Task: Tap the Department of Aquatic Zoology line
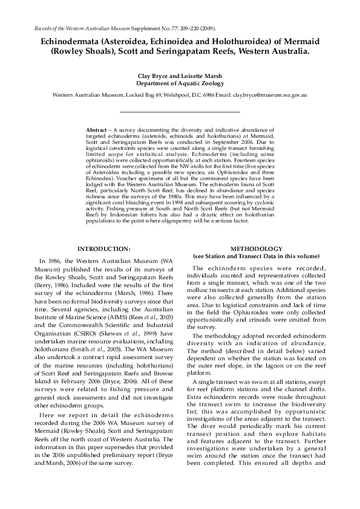pos(180,84)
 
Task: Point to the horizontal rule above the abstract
pos(180,112)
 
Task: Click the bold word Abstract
pos(96,130)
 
